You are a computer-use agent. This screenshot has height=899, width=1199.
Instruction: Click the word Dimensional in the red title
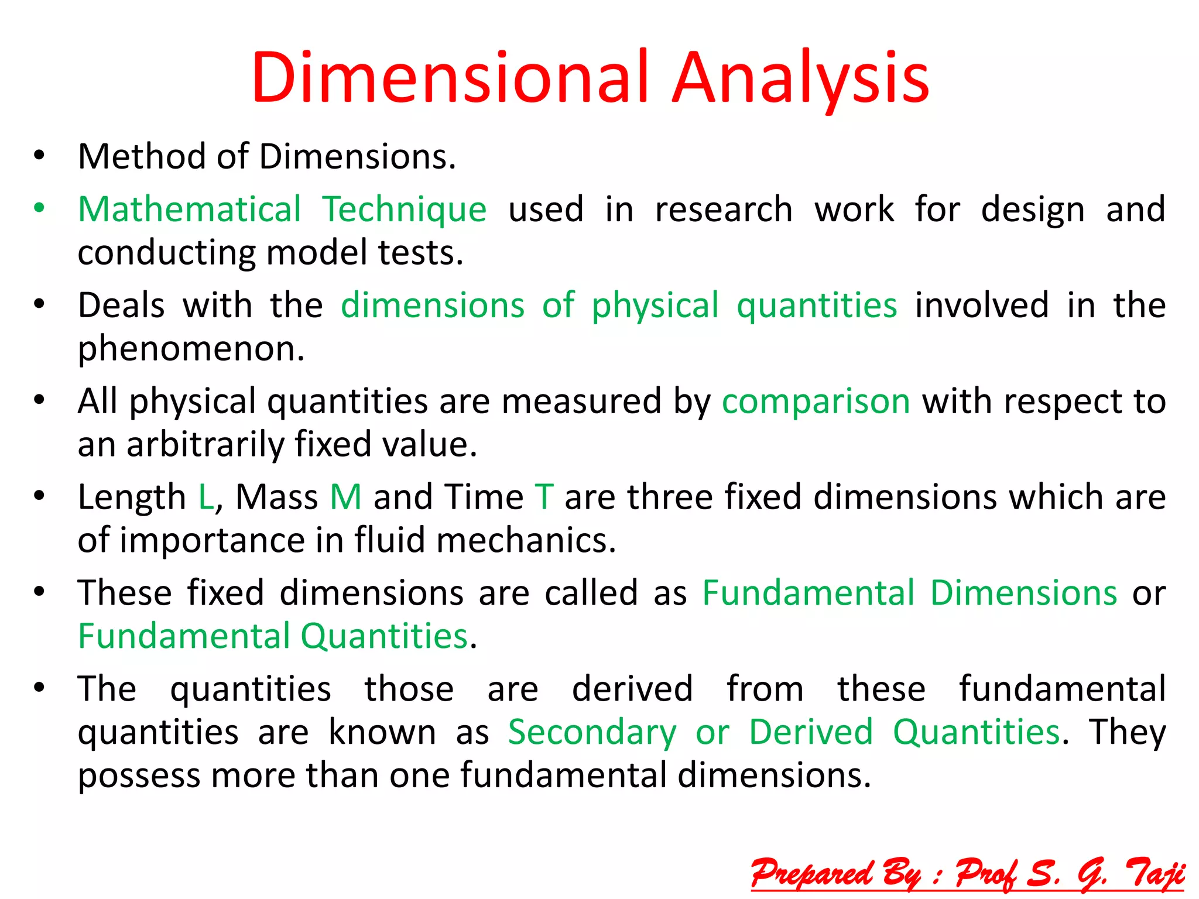(x=450, y=78)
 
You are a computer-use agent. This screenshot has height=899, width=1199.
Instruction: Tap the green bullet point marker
(x=39, y=208)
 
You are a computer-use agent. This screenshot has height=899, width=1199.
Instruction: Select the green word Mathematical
(x=189, y=210)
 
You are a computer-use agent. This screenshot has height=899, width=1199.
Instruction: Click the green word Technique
(x=404, y=210)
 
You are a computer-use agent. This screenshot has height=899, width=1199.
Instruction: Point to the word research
(x=724, y=210)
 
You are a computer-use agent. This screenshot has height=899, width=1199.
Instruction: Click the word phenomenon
(x=191, y=349)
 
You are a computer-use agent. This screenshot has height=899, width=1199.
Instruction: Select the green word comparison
(x=816, y=402)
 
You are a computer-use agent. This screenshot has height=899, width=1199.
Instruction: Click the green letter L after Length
(x=205, y=497)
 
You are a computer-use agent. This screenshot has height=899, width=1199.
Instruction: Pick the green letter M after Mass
(x=345, y=497)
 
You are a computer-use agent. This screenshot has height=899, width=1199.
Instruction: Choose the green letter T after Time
(x=544, y=497)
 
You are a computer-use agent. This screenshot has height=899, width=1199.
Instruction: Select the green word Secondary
(x=592, y=732)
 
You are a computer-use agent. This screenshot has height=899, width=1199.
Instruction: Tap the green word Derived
(x=811, y=732)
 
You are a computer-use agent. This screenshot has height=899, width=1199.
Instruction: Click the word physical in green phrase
(x=655, y=306)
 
